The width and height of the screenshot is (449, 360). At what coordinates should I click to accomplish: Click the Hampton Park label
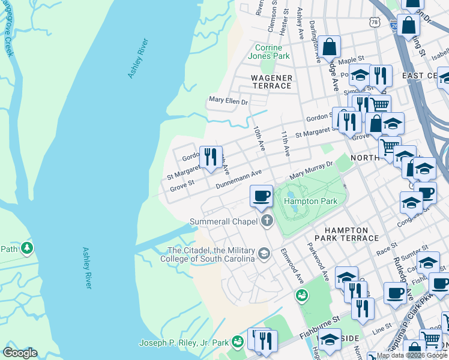(x=310, y=202)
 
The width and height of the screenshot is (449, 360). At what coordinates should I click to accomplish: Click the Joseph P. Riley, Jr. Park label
(x=184, y=343)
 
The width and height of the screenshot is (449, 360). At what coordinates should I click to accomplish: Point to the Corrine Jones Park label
(x=272, y=52)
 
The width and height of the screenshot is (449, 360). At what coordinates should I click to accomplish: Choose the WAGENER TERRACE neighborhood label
(x=271, y=82)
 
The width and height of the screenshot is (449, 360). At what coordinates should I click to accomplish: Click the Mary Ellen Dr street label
(x=228, y=101)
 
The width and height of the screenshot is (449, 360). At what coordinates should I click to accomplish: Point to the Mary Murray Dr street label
(x=311, y=170)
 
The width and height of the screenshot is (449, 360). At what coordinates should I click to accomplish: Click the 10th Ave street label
(x=258, y=138)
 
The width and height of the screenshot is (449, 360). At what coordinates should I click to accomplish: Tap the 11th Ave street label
(x=286, y=144)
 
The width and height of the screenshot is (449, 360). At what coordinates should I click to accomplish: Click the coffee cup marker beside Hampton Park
(x=261, y=196)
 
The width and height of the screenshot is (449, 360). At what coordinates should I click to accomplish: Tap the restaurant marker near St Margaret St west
(x=210, y=157)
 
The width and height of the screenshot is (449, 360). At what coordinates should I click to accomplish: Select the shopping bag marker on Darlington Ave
(x=330, y=47)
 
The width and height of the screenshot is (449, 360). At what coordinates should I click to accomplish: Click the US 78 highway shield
(x=375, y=22)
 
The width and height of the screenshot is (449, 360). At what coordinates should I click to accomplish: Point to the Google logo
(x=20, y=353)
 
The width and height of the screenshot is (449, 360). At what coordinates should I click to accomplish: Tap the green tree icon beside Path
(x=26, y=247)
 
